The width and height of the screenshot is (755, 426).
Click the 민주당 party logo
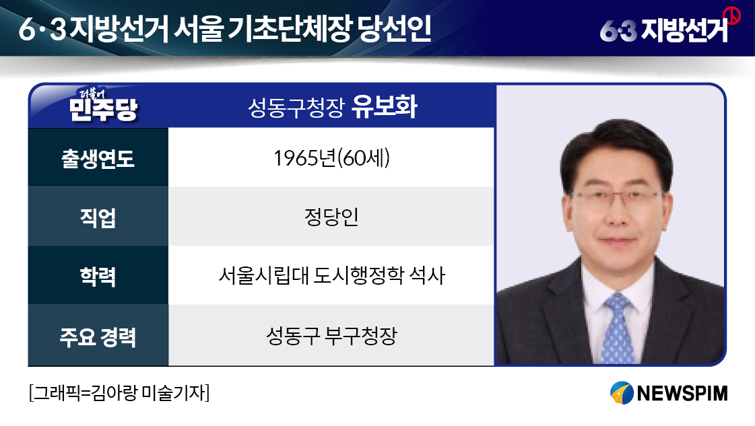coord(103,104)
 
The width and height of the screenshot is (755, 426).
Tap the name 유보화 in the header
coord(385,106)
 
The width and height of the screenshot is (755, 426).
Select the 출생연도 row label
coord(98,158)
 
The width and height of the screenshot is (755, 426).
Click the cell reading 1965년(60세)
coord(332,158)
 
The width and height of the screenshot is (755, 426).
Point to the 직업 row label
coord(98,217)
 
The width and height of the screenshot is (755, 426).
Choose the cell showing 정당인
coord(331,217)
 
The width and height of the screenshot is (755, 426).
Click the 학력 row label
coord(98,277)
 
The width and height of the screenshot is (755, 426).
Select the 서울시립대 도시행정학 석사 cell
coord(332,275)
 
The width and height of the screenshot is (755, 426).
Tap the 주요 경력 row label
coord(98,336)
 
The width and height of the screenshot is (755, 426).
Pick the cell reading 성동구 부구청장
coord(332,336)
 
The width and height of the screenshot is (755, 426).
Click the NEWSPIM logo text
coord(682,393)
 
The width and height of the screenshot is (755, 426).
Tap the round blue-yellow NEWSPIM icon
coord(622,393)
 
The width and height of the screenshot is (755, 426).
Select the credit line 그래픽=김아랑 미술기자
coord(119,393)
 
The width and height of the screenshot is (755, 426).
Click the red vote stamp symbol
coord(732,15)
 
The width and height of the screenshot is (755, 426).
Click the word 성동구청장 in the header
coord(296,108)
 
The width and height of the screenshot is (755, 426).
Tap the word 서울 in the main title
coord(199,29)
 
